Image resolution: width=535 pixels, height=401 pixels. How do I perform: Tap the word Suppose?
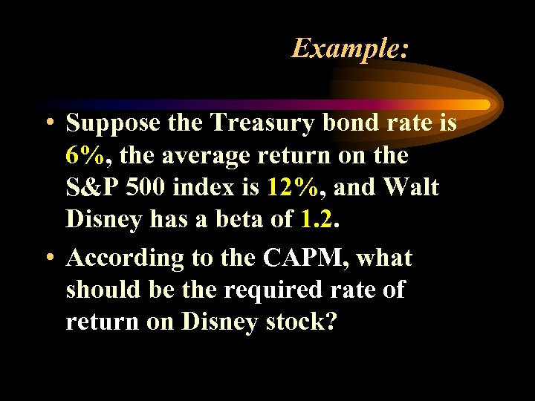pos(112,123)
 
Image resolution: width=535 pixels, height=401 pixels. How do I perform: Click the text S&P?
pos(93,187)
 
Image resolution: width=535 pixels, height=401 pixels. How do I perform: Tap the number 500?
pos(146,187)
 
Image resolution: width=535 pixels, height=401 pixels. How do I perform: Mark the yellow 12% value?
pos(292,187)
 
